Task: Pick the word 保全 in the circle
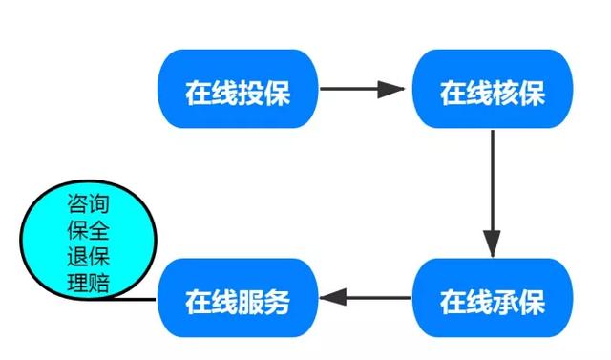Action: coord(88,230)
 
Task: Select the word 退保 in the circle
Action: coord(88,256)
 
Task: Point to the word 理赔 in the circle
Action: coord(88,283)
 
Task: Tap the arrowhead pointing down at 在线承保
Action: coord(493,244)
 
